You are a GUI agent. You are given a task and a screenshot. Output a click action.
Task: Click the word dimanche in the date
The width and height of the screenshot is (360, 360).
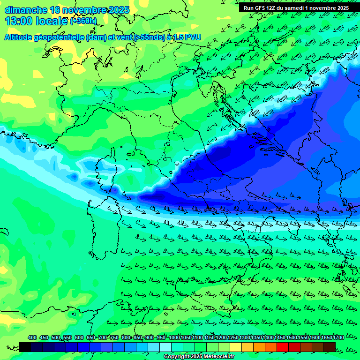(x=26, y=10)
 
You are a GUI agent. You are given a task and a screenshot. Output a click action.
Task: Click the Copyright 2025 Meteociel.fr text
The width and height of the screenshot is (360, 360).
(x=198, y=357)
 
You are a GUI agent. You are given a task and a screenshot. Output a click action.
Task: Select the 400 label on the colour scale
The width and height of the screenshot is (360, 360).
(x=32, y=337)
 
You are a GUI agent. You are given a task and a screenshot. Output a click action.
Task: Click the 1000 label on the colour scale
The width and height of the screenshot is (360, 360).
(x=174, y=337)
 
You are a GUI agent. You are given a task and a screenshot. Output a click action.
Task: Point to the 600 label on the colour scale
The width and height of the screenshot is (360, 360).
(x=79, y=337)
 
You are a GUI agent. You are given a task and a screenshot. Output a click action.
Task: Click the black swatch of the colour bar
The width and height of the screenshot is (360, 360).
(x=25, y=347)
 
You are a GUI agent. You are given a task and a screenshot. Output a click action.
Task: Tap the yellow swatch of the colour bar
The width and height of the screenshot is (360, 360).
(x=236, y=347)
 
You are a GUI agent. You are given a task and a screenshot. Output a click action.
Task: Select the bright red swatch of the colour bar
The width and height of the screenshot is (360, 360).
(x=283, y=347)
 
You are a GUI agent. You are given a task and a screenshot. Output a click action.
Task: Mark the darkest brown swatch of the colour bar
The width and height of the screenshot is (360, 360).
(x=330, y=347)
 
